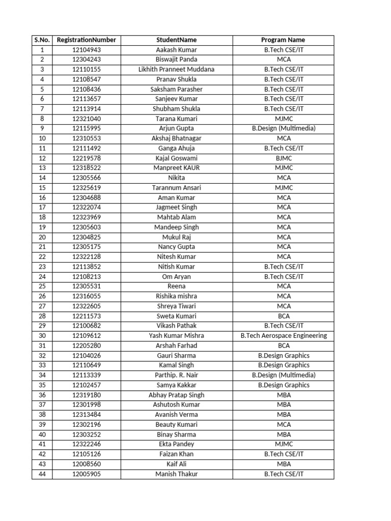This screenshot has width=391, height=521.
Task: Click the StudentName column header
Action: (x=176, y=40)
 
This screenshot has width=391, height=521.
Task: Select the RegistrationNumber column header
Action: (x=87, y=40)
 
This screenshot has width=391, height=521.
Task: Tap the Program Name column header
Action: (x=283, y=40)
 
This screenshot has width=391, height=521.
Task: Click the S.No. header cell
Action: (x=42, y=40)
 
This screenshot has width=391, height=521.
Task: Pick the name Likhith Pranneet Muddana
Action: (x=176, y=69)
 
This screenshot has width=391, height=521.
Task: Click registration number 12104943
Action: (x=87, y=50)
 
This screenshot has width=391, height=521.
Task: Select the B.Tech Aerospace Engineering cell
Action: (x=283, y=336)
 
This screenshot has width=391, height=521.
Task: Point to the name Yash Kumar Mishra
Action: (x=176, y=336)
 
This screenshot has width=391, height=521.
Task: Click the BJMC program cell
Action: (x=283, y=158)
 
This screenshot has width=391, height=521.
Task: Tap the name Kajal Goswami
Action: (x=176, y=158)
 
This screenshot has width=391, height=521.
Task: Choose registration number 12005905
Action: (x=87, y=474)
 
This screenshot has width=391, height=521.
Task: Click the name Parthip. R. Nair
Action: (x=176, y=375)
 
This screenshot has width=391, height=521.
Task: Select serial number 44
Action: (x=42, y=474)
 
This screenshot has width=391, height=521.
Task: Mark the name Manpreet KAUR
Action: (x=176, y=168)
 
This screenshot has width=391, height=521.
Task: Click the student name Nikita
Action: (x=176, y=178)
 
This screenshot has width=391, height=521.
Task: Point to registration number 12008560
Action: (x=87, y=464)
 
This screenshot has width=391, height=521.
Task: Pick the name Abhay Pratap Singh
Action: (x=176, y=395)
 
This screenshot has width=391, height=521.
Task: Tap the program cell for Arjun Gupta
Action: (x=283, y=128)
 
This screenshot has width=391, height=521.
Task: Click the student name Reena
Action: (x=176, y=286)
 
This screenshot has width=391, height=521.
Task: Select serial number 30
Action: (x=42, y=336)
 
